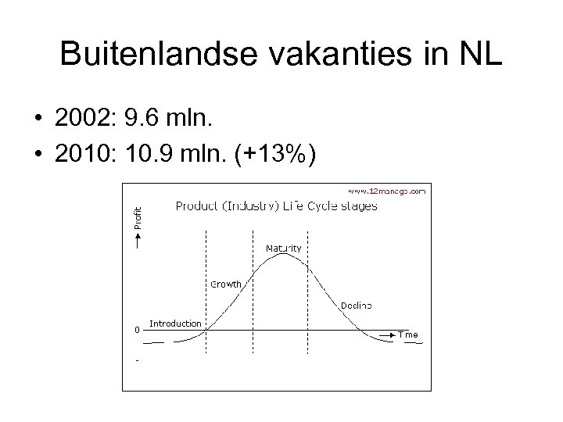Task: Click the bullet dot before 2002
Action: (38, 118)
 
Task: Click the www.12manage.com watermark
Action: (386, 190)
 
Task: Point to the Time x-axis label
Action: (408, 334)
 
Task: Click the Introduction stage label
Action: (175, 323)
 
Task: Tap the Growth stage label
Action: (226, 284)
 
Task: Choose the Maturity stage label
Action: (283, 248)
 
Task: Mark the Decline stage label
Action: (356, 305)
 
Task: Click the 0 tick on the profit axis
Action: (137, 329)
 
